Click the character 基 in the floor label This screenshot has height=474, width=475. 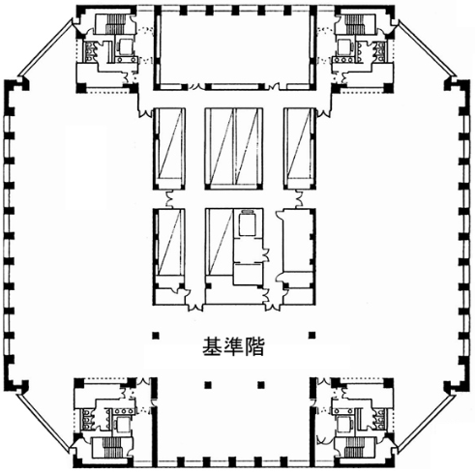[212, 346]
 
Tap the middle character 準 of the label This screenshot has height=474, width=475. [233, 346]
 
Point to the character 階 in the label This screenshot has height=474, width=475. [254, 346]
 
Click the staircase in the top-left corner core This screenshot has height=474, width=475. [113, 24]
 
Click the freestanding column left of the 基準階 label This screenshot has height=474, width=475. [156, 336]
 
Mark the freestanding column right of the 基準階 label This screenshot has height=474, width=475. [312, 336]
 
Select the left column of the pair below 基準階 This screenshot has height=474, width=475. [208, 385]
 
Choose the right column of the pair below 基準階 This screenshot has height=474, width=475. [261, 385]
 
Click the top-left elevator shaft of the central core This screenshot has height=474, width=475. [169, 148]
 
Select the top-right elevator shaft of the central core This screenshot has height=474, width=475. [299, 148]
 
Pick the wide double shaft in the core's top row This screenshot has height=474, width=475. [234, 148]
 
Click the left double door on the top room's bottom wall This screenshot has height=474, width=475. [197, 86]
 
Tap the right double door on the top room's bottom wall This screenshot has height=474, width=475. [274, 86]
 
